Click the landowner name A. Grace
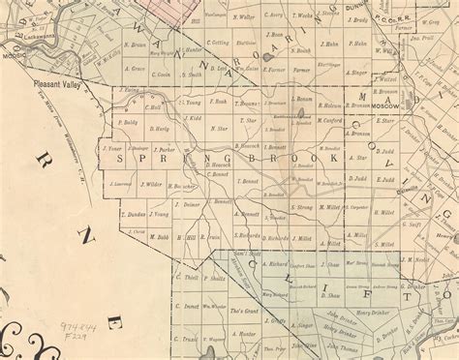coord(135,71)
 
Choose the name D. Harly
coord(160,129)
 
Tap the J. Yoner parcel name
coord(112,150)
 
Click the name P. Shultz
coord(217,277)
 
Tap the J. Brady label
coord(359,19)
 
